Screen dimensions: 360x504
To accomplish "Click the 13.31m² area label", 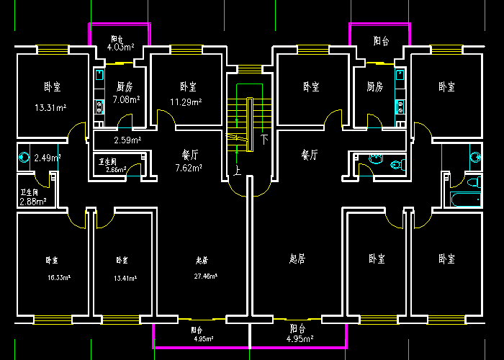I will click(50, 108).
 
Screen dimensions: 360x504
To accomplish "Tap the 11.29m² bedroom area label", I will click(185, 102).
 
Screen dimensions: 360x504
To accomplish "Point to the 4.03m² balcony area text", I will click(120, 48).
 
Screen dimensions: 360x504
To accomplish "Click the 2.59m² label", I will click(127, 140).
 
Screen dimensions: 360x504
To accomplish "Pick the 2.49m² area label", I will click(48, 158).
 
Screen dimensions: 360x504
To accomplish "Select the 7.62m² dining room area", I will click(188, 168).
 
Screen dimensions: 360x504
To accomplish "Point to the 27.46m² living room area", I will click(205, 276).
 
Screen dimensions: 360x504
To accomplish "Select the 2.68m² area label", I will click(33, 202).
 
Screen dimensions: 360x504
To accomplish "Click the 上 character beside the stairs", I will click(237, 171).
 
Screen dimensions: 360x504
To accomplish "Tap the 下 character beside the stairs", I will click(264, 138).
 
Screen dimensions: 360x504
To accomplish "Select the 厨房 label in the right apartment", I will click(374, 87).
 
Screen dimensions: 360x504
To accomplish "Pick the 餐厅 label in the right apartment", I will click(310, 155).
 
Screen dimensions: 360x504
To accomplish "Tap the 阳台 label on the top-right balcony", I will click(382, 41).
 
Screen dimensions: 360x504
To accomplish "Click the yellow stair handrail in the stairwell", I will click(248, 124).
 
